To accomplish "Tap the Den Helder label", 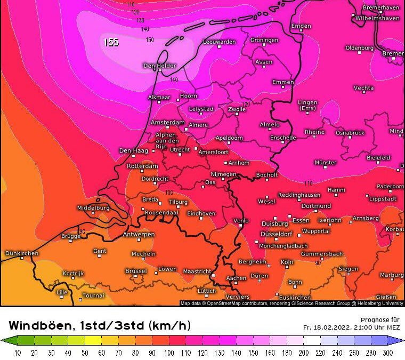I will [x=159, y=66].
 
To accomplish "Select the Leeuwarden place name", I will [x=219, y=42].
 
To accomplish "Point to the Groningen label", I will [x=264, y=40].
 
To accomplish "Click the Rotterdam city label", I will [x=142, y=166].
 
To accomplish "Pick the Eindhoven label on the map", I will [x=201, y=213].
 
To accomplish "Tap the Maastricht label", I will [x=197, y=271].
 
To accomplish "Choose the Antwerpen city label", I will [x=139, y=235].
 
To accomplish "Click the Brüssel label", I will [x=136, y=271].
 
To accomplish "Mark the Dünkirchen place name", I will [x=21, y=253].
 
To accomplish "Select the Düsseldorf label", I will [x=276, y=234].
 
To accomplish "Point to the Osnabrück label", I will [x=350, y=132].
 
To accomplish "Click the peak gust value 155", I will [x=111, y=42].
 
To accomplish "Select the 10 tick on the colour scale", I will [x=18, y=353].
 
